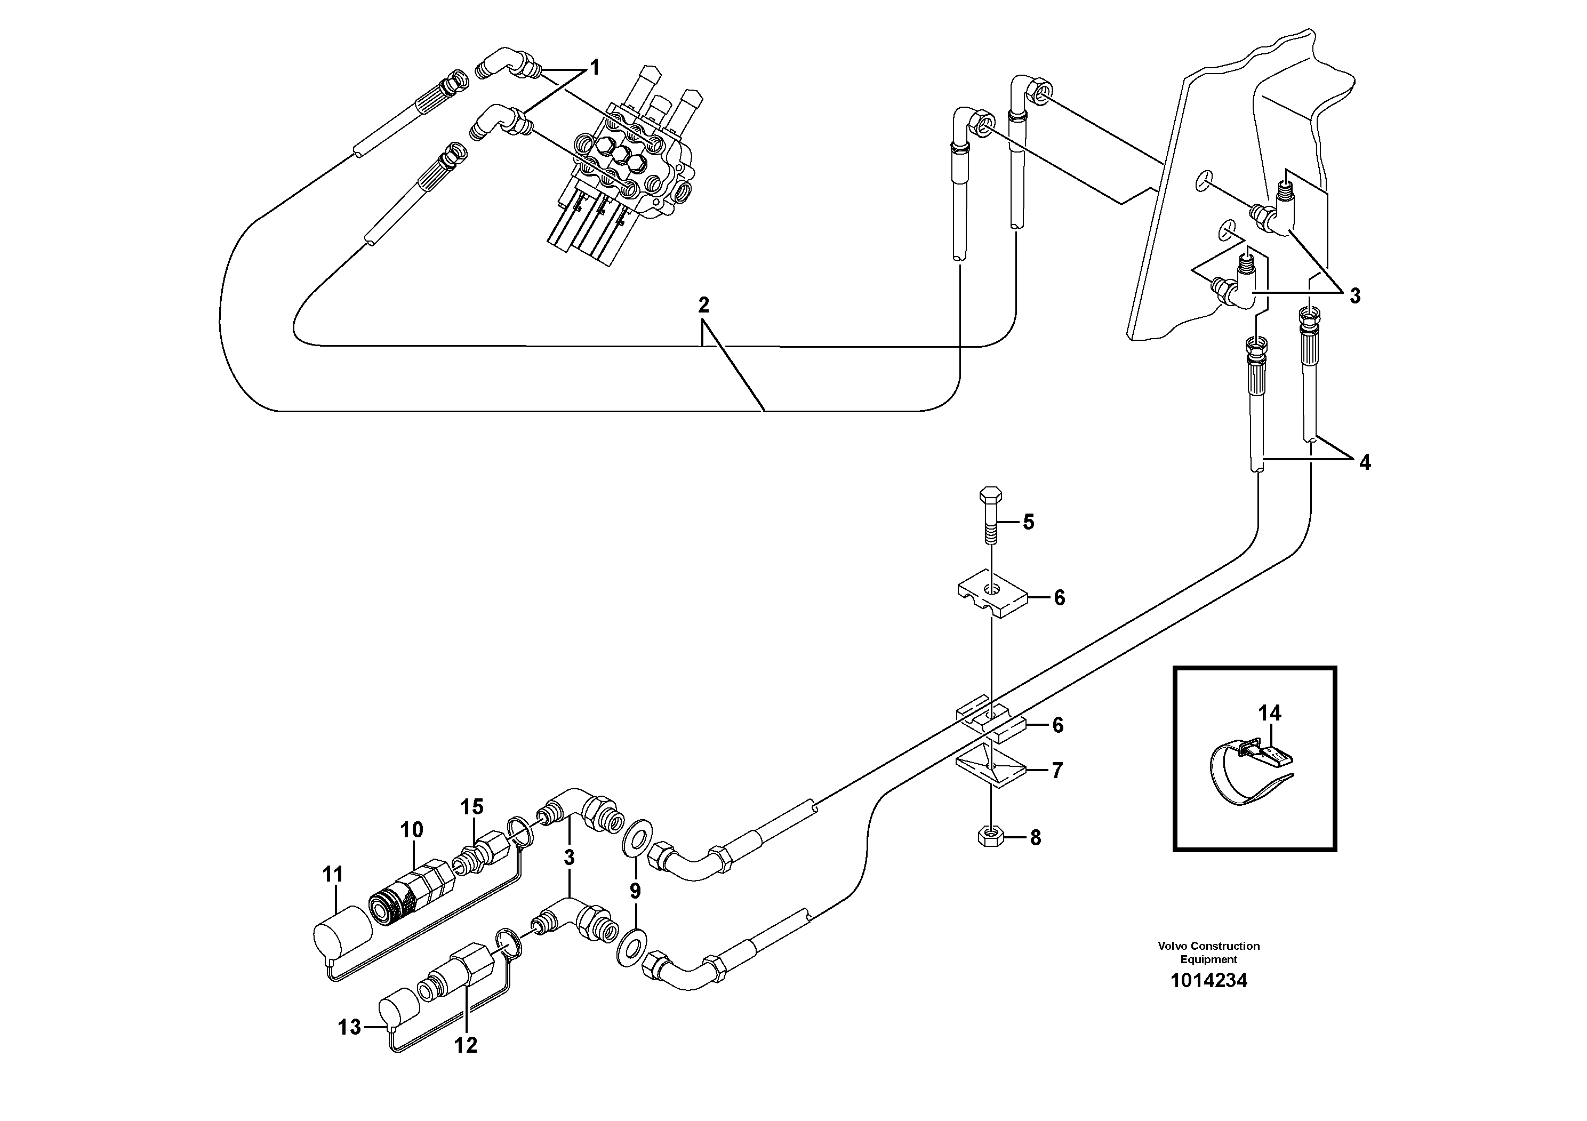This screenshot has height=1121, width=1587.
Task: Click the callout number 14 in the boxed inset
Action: point(1269,712)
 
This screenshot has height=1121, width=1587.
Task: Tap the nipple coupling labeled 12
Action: point(459,974)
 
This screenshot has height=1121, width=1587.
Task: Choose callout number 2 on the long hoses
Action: point(703,305)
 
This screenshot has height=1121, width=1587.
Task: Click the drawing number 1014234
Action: point(1208,980)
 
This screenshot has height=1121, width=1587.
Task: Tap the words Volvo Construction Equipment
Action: point(1208,952)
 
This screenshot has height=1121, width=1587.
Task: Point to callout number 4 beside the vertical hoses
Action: point(1365,462)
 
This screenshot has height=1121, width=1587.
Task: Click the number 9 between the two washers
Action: point(635,891)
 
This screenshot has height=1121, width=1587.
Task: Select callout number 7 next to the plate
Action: point(1057,770)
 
